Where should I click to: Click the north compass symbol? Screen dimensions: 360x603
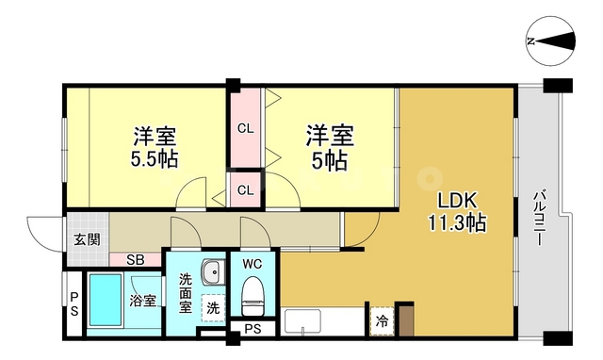550,41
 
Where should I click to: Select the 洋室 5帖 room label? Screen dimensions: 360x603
328,145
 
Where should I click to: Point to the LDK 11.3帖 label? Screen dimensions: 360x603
459,212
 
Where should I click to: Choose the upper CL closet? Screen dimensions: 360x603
244,128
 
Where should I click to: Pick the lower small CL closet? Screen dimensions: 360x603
244,190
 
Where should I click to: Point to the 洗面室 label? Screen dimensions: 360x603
186,292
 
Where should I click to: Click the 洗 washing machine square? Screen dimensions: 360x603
213,307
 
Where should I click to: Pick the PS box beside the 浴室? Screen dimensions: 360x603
73,303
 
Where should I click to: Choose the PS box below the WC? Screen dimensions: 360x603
253,329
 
